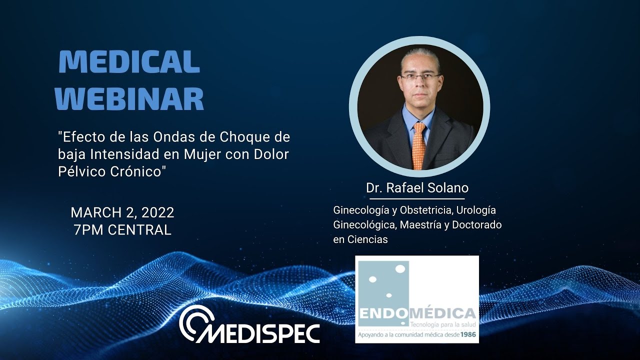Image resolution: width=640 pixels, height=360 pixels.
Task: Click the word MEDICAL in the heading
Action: pos(129,62)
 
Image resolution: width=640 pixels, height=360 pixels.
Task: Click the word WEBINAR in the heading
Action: pos(129,99)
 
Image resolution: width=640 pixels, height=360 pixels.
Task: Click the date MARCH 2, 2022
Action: pos(122,212)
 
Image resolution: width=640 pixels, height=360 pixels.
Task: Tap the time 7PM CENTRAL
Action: pos(122,229)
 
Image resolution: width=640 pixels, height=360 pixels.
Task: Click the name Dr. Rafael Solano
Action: pos(417,188)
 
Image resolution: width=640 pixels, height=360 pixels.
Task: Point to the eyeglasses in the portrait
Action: pos(420,77)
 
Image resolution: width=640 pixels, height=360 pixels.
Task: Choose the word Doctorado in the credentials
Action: pos(476,225)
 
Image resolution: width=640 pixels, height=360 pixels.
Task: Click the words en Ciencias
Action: pos(360,239)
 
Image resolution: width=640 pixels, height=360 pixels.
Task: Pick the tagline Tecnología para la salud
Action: pos(441,324)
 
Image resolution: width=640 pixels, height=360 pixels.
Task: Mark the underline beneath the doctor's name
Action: pos(417,199)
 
